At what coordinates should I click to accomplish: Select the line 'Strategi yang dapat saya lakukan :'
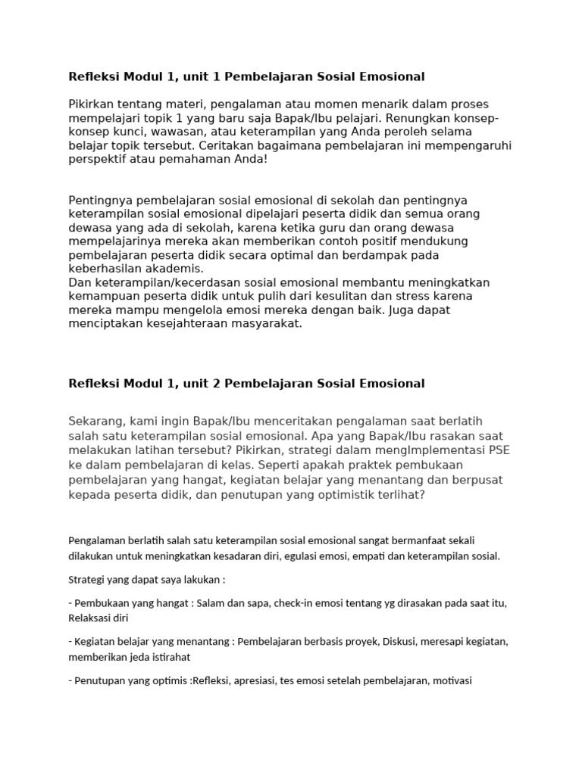click(146, 580)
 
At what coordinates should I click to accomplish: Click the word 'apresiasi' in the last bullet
click(253, 680)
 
